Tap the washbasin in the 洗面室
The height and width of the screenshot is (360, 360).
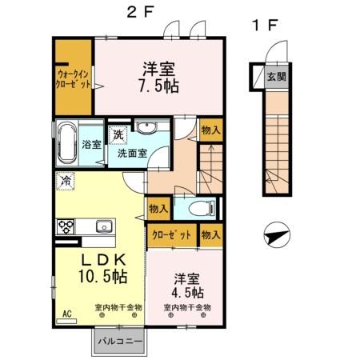point(146,129)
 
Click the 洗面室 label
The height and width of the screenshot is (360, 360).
point(132,152)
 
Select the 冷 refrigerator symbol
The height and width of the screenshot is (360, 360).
point(64,181)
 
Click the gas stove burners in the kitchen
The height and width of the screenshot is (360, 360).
point(66,226)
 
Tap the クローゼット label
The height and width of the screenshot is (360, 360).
point(170,236)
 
